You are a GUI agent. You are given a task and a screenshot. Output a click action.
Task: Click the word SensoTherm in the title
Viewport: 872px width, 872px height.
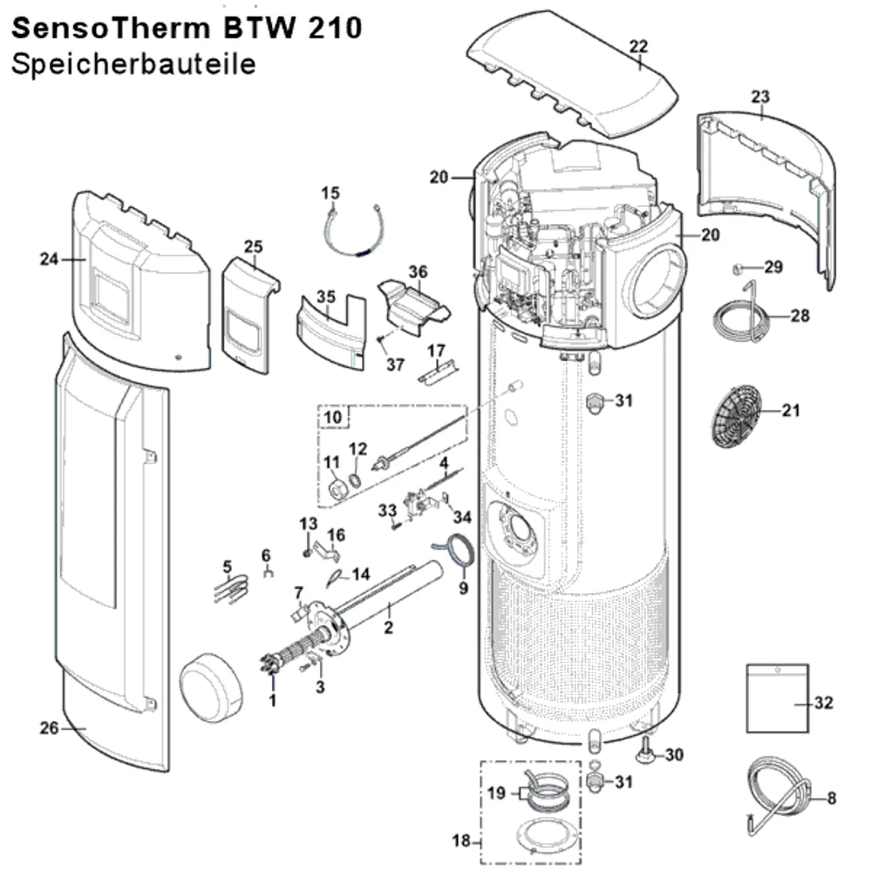pyautogui.click(x=111, y=28)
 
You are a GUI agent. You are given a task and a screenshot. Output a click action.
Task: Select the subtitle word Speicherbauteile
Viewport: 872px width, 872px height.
pyautogui.click(x=133, y=65)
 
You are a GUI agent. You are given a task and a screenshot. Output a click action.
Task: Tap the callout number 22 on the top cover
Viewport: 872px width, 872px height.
pyautogui.click(x=638, y=46)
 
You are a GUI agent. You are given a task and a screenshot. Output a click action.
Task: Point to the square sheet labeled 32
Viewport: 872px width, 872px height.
pyautogui.click(x=777, y=698)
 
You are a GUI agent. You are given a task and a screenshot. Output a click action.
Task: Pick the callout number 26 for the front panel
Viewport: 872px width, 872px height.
pyautogui.click(x=49, y=728)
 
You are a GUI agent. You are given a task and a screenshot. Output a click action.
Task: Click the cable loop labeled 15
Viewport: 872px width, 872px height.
pyautogui.click(x=354, y=231)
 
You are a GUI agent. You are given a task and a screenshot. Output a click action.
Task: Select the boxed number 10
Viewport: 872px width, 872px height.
pyautogui.click(x=332, y=417)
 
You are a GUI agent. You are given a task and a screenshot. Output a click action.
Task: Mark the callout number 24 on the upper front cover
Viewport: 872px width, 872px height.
pyautogui.click(x=49, y=259)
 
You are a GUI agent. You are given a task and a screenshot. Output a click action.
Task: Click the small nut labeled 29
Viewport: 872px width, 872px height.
pyautogui.click(x=737, y=269)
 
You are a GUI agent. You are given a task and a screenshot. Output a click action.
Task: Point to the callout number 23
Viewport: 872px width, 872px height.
pyautogui.click(x=760, y=97)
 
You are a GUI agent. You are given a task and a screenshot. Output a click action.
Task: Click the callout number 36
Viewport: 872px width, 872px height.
pyautogui.click(x=419, y=272)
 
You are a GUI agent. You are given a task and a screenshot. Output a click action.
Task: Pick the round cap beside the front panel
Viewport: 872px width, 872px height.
pyautogui.click(x=211, y=688)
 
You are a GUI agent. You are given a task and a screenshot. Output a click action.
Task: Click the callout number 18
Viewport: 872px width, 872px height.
pyautogui.click(x=461, y=841)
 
